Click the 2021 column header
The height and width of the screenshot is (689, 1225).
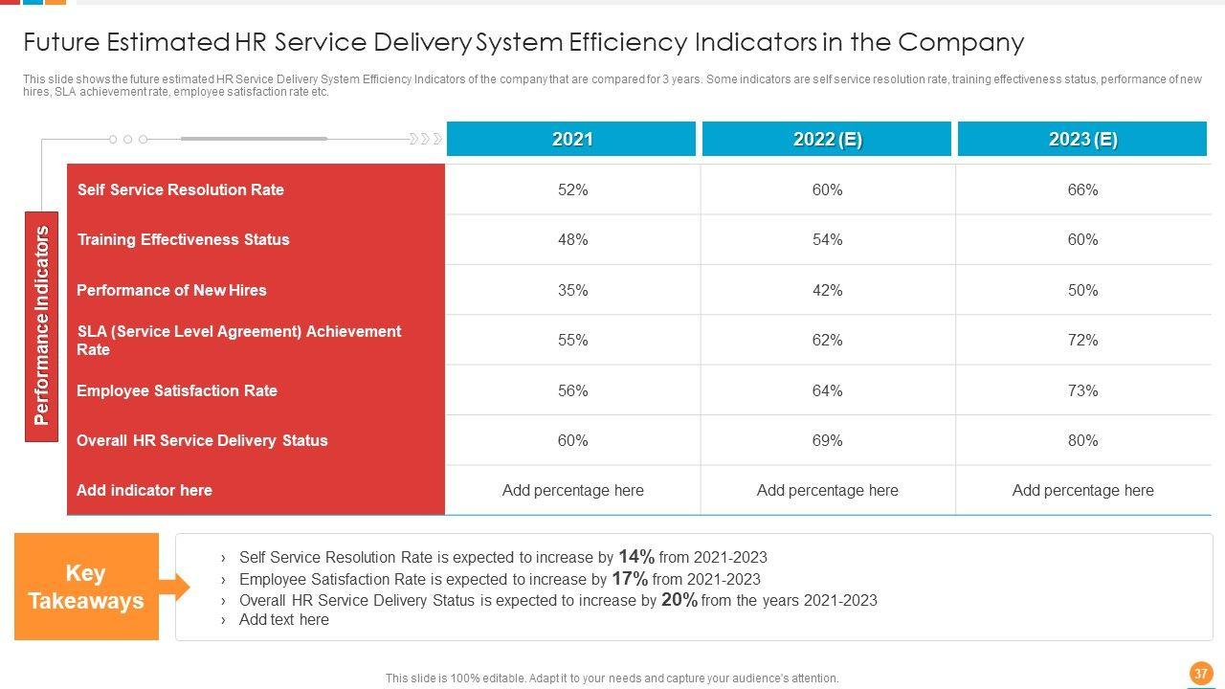coord(571,139)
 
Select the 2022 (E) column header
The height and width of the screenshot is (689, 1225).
coord(827,139)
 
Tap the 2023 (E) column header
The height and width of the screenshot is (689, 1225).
coord(1082,139)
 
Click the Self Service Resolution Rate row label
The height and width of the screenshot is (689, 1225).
coord(181,189)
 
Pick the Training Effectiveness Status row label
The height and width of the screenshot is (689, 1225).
coord(183,239)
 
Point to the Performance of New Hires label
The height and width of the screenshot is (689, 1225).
coord(171,290)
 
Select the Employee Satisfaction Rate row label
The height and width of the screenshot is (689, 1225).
coord(177,390)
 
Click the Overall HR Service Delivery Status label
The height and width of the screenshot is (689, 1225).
coord(202,440)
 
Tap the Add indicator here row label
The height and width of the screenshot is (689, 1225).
coord(145,490)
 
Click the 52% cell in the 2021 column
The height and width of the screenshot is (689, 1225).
coord(572,189)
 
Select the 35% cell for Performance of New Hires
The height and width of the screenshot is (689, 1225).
coord(572,290)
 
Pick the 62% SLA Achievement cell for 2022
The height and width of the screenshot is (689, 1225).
coord(827,340)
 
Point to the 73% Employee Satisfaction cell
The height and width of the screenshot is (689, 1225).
coord(1082,390)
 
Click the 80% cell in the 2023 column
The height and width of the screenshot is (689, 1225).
coord(1082,440)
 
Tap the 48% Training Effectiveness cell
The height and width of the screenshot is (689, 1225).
coord(572,239)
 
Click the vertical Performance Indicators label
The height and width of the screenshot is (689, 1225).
coord(41,325)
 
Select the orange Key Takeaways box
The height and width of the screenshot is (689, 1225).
coord(86,587)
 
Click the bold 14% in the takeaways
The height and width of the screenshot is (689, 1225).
coord(636,556)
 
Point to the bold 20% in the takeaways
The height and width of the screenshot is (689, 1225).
coord(679,600)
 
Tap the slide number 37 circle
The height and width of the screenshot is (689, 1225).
coord(1200,673)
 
